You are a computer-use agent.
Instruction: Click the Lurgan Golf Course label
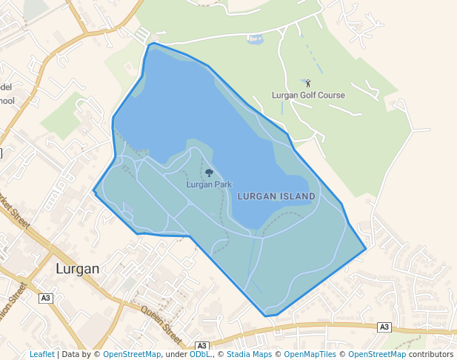[308, 95]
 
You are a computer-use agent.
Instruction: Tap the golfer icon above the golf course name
[308, 84]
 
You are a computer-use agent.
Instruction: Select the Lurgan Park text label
[209, 184]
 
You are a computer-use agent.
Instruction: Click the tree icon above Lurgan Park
[209, 173]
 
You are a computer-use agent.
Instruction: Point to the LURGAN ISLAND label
[276, 196]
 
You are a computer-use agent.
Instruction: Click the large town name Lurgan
[77, 269]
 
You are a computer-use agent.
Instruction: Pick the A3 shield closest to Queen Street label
[202, 346]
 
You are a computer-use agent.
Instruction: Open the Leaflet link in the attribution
[41, 354]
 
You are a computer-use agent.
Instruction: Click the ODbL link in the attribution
[199, 354]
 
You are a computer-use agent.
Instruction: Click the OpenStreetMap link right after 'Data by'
[132, 354]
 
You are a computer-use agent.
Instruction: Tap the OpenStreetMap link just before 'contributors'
[376, 354]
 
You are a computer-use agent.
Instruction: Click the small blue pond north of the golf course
[254, 39]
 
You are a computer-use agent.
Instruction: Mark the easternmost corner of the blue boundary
[366, 248]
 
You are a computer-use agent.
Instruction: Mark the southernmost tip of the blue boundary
[267, 316]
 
